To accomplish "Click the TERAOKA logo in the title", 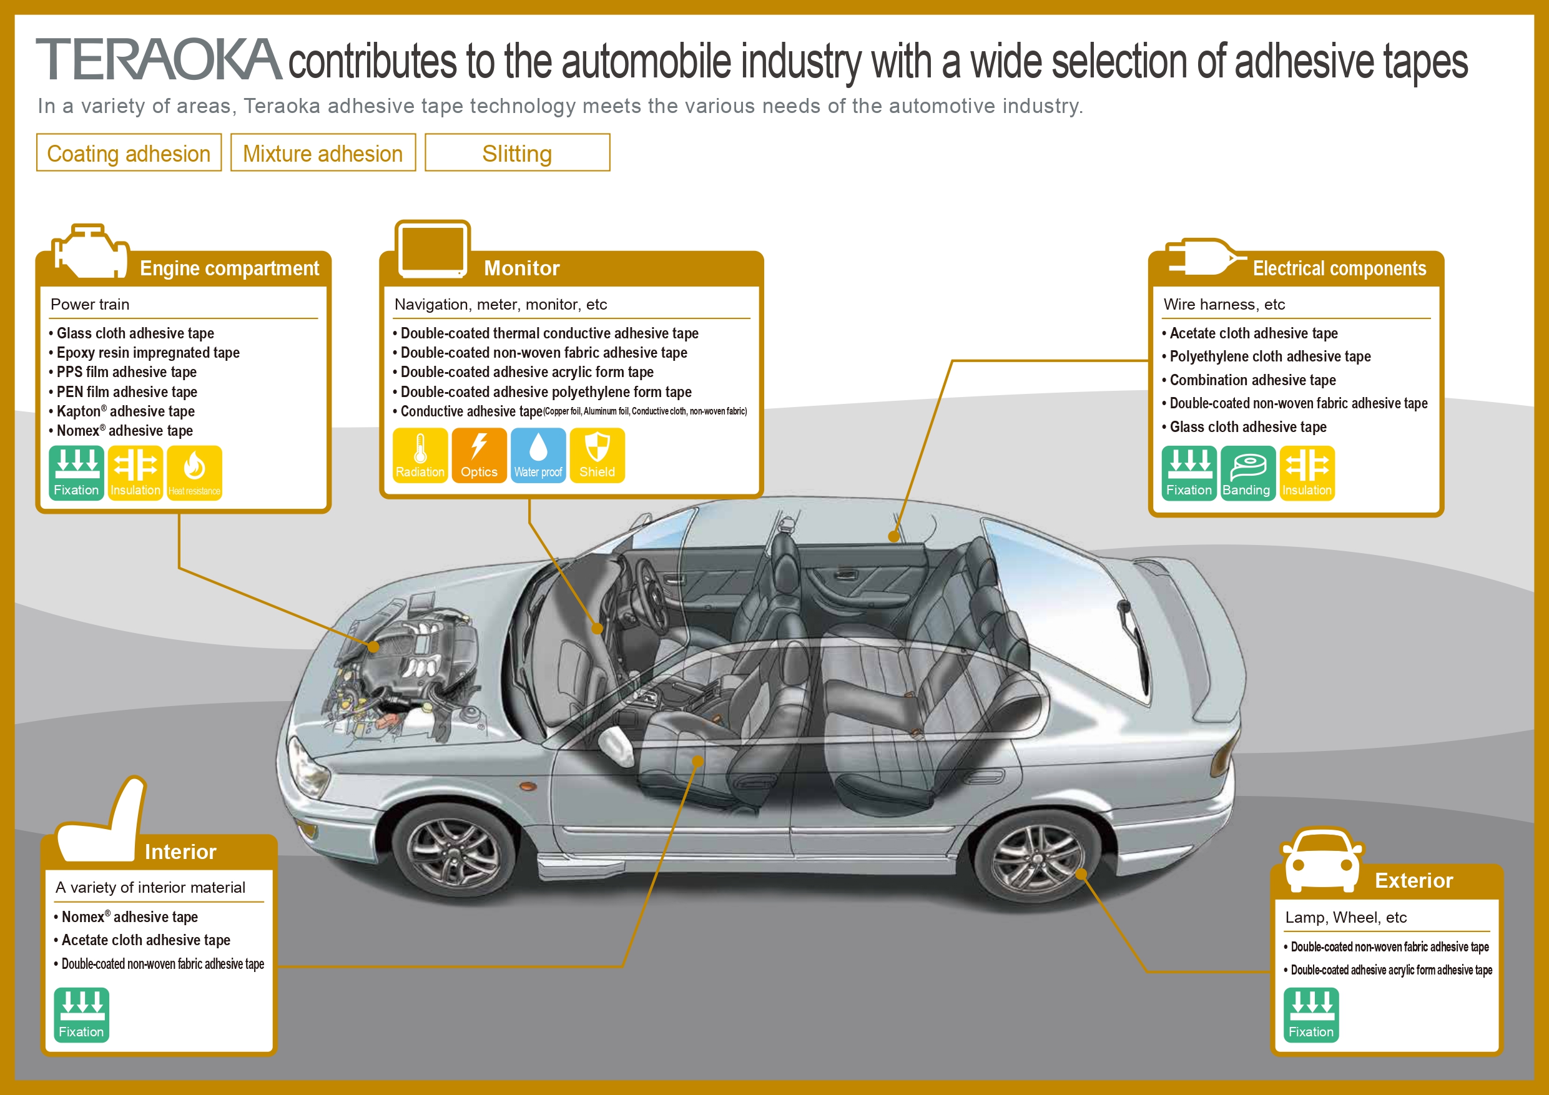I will [158, 59].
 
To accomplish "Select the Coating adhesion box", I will [129, 153].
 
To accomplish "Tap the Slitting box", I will [517, 153].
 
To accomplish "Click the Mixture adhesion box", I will [323, 153].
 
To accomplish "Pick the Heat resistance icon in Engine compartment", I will [194, 473].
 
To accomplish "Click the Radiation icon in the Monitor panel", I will [420, 455].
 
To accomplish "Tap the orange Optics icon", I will [479, 455].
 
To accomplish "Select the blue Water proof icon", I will [538, 455].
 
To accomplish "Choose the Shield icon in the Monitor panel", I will [597, 455].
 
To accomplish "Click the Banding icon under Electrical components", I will [1247, 473].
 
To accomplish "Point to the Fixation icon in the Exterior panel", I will [1311, 1014].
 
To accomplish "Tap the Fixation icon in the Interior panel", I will [81, 1014].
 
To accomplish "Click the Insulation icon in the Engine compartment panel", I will [135, 473].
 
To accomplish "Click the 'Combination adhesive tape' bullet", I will [1252, 380].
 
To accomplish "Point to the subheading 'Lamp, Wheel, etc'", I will [1346, 918].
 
